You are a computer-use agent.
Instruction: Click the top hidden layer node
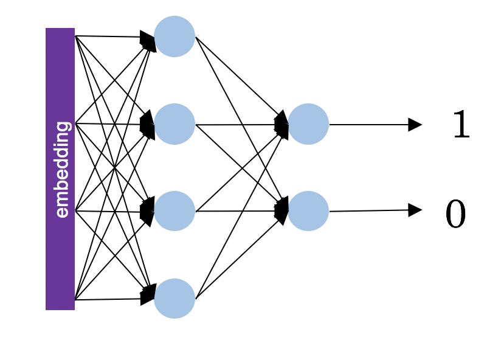pos(174,36)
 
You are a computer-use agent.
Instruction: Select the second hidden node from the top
pos(174,124)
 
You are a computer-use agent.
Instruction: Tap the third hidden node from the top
pos(174,211)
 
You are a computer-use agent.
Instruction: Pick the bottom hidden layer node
pos(174,299)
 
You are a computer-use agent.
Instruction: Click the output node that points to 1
pos(308,124)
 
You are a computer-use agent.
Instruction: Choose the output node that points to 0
pos(308,211)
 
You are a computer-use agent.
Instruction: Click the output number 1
pos(461,126)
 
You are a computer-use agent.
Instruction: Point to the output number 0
pos(456,215)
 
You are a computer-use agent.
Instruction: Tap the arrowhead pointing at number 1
pos(415,125)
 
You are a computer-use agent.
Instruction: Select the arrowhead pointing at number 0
pos(415,210)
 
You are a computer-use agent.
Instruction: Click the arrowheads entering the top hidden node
pos(148,41)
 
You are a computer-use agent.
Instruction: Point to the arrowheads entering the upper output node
pos(282,125)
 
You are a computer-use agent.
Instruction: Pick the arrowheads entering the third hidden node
pos(148,211)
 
